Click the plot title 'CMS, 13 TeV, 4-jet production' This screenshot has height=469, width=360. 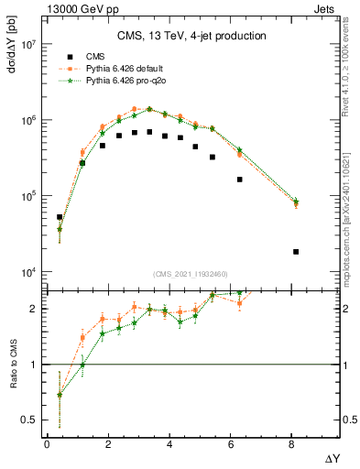pyautogui.click(x=191, y=37)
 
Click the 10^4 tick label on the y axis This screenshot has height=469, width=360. pyautogui.click(x=26, y=272)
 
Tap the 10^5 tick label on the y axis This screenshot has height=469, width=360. pyautogui.click(x=26, y=196)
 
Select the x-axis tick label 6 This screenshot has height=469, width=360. pyautogui.click(x=231, y=445)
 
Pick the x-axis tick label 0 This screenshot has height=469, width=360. pyautogui.click(x=47, y=445)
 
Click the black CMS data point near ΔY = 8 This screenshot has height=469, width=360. pyautogui.click(x=295, y=252)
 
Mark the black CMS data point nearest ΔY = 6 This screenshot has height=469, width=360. pyautogui.click(x=240, y=180)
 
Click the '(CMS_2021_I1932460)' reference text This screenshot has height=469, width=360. pyautogui.click(x=191, y=274)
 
